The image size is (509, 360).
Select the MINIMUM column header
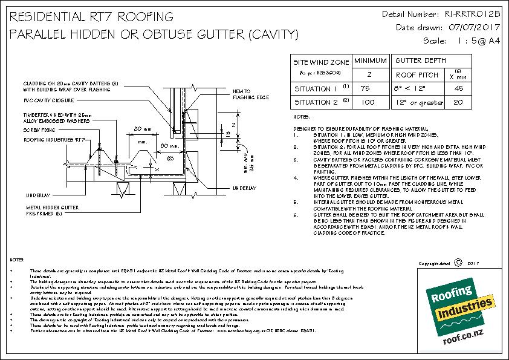pos(370,62)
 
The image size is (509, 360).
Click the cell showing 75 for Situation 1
pos(365,88)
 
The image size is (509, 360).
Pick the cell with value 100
pos(365,102)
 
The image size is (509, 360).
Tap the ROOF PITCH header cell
pos(417,75)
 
